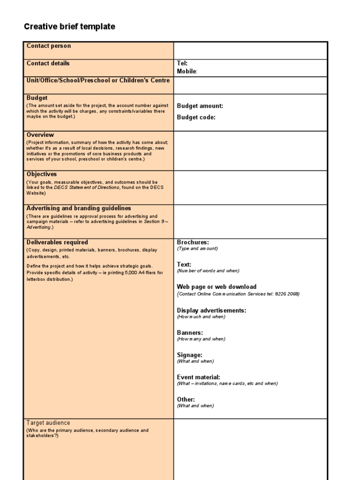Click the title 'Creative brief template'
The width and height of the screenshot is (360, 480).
[x=69, y=27]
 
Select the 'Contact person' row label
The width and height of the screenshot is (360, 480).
[x=49, y=46]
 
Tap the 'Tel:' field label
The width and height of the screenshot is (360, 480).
[x=182, y=63]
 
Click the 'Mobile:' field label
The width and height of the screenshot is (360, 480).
[x=187, y=71]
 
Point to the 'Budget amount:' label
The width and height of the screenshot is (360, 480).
[x=200, y=106]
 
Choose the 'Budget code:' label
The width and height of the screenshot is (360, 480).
[x=196, y=118]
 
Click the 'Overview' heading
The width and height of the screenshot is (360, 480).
[x=40, y=135]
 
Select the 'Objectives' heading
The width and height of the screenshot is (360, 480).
[x=42, y=174]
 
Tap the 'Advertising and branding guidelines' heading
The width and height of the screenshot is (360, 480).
[x=79, y=208]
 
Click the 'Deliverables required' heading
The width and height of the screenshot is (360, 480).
[x=57, y=242]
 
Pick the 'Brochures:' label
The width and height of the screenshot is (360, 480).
[x=193, y=242]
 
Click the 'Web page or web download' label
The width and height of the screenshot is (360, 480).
[x=217, y=287]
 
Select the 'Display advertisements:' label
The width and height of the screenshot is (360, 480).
[x=211, y=310]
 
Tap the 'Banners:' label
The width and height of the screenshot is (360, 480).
[x=190, y=333]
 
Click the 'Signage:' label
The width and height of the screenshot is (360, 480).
[x=189, y=355]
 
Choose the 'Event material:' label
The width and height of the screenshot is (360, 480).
[x=198, y=377]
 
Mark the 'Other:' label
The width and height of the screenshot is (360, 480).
[x=186, y=399]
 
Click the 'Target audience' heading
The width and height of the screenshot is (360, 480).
[x=48, y=423]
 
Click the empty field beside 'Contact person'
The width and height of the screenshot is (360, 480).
[x=250, y=50]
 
